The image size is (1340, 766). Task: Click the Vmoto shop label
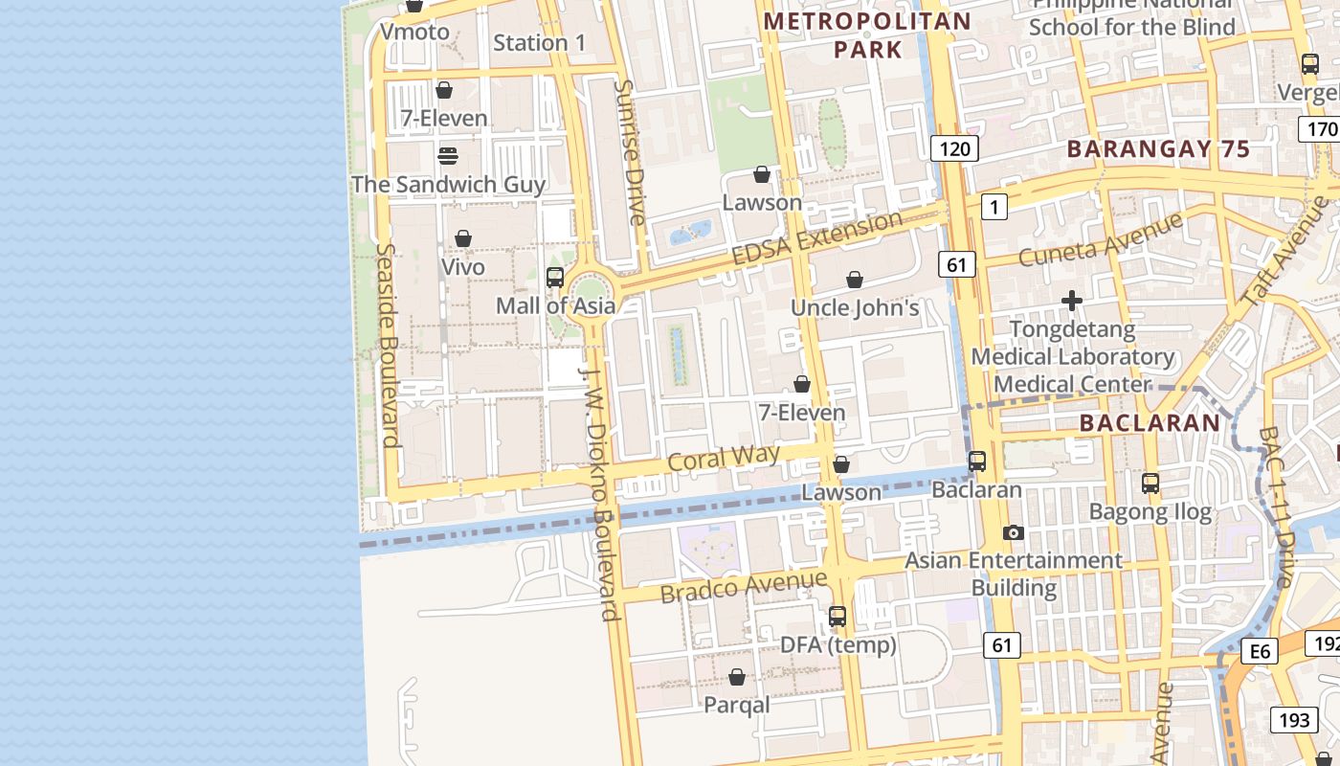pyautogui.click(x=414, y=32)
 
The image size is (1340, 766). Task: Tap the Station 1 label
pyautogui.click(x=539, y=42)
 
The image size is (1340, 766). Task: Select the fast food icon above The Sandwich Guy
pyautogui.click(x=447, y=155)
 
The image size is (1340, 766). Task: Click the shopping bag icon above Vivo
pyautogui.click(x=463, y=238)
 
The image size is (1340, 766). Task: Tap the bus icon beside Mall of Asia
pyautogui.click(x=554, y=278)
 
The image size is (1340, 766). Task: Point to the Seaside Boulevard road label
pyautogui.click(x=386, y=345)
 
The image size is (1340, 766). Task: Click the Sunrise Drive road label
pyautogui.click(x=629, y=152)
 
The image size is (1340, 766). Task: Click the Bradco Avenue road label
pyautogui.click(x=743, y=585)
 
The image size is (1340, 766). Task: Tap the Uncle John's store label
pyautogui.click(x=854, y=307)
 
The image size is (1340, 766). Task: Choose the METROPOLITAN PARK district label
pyautogui.click(x=868, y=34)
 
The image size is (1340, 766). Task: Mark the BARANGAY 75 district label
pyautogui.click(x=1158, y=149)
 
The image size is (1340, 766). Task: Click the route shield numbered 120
pyautogui.click(x=954, y=147)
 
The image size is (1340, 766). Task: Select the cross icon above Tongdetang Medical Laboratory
pyautogui.click(x=1072, y=302)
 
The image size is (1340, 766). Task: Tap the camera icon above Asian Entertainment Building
pyautogui.click(x=1013, y=532)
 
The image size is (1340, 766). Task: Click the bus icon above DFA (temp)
pyautogui.click(x=837, y=617)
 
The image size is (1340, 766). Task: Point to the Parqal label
pyautogui.click(x=736, y=705)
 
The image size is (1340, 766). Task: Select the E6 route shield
pyautogui.click(x=1260, y=652)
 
